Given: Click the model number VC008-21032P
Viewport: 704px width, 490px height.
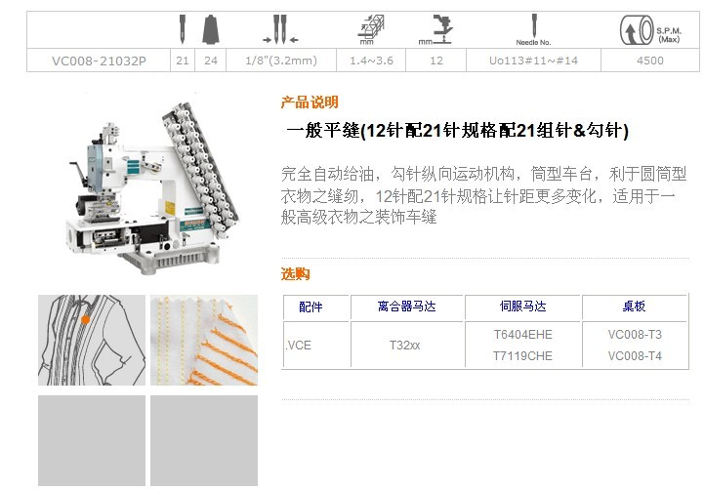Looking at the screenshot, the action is click(99, 61).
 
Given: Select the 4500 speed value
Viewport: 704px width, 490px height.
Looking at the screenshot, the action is click(649, 61).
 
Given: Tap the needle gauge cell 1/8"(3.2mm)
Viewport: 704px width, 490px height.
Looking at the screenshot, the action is click(281, 61).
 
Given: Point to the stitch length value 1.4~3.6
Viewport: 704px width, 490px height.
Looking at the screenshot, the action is click(371, 61).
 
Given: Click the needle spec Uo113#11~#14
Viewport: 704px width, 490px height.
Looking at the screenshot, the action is click(533, 61).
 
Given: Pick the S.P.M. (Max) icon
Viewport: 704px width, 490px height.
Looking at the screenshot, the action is click(650, 30).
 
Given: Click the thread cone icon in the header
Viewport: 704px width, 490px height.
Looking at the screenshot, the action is click(211, 29).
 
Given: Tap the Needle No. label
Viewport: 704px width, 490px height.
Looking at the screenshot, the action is click(533, 43).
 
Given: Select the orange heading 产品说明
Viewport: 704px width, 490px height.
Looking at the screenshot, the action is click(310, 102).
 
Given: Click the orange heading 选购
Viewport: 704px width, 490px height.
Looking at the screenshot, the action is click(296, 273).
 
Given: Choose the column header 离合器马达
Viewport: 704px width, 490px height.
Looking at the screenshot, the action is click(406, 306).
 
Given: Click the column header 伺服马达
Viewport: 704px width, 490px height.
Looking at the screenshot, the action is click(522, 306).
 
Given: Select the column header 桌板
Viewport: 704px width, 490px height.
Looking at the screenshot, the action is click(634, 306).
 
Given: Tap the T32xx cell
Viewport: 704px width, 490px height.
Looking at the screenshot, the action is click(404, 346).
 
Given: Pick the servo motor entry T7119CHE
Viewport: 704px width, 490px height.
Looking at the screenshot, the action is click(522, 356).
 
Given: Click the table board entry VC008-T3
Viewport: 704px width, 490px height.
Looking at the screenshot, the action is click(635, 334).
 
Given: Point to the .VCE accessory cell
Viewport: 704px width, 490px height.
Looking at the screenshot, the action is click(298, 346).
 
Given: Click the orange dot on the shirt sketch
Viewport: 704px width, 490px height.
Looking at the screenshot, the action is click(85, 319).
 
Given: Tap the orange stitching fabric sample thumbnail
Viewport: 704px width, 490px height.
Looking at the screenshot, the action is click(204, 340).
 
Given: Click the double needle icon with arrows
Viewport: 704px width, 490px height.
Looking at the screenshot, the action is click(280, 29).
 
